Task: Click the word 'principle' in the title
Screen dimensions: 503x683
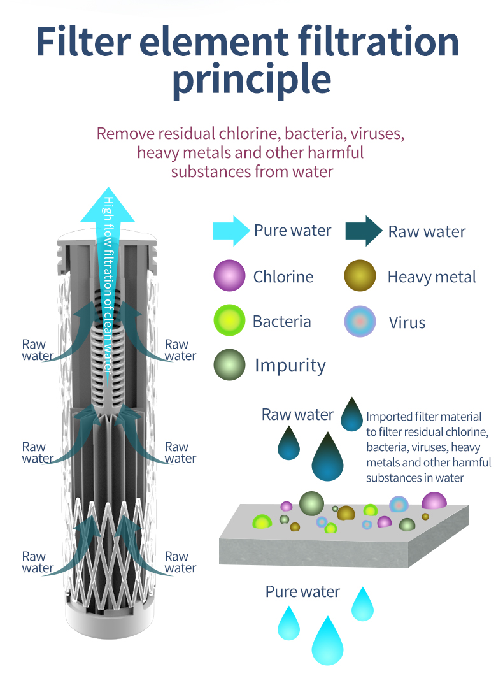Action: click(251, 79)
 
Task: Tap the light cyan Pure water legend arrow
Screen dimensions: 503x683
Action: click(231, 231)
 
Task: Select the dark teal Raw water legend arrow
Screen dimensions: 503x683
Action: click(364, 231)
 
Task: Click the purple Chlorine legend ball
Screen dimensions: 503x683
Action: click(229, 275)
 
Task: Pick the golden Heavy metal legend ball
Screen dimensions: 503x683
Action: click(360, 275)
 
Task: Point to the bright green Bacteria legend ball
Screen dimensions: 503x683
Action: click(229, 320)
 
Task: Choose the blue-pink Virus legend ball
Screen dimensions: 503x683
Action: click(360, 322)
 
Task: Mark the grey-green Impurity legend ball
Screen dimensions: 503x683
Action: click(229, 364)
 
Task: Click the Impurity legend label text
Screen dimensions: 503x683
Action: click(290, 366)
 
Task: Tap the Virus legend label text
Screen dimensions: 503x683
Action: click(407, 323)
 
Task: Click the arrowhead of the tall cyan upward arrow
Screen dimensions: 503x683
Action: click(108, 205)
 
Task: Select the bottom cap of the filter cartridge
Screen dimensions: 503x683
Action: click(110, 619)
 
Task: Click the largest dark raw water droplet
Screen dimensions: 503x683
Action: click(327, 457)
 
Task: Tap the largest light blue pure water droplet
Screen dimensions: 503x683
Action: click(327, 641)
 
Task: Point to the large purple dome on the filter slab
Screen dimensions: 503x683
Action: click(434, 501)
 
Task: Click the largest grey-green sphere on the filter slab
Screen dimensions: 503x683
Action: click(311, 503)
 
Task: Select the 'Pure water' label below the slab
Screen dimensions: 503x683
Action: click(302, 592)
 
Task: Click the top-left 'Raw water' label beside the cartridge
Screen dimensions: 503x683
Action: click(38, 350)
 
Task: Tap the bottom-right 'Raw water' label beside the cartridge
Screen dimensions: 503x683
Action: click(180, 562)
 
